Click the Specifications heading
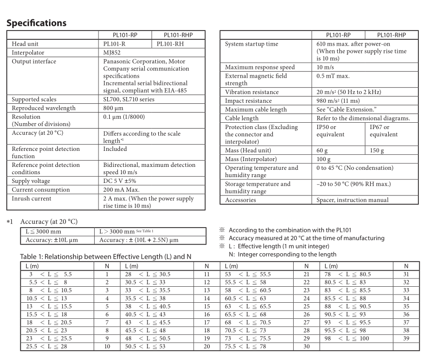click(36, 23)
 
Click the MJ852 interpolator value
click(113, 52)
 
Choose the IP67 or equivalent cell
click(383, 131)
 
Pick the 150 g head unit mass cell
click(377, 150)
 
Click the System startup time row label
click(252, 44)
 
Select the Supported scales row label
click(36, 99)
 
